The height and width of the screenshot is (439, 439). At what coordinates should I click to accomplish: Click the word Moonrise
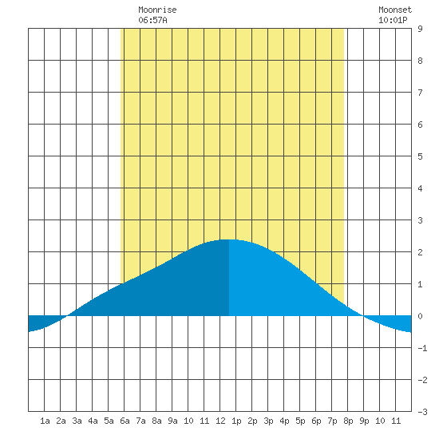click(157, 10)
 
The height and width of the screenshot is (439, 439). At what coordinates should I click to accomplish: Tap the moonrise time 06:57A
click(152, 20)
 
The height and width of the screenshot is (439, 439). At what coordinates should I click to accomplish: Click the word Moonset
click(395, 10)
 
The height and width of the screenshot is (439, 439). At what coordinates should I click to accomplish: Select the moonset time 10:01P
click(393, 20)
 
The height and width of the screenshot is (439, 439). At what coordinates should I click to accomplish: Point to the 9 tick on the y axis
click(420, 29)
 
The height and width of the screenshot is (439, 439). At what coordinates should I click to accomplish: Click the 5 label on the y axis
click(420, 156)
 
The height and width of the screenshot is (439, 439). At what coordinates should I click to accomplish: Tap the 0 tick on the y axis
click(420, 316)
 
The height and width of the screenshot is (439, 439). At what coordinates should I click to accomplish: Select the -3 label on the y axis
click(422, 412)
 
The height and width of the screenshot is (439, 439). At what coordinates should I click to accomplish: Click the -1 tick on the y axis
click(422, 348)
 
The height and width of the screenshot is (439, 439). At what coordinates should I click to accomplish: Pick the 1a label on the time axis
click(45, 421)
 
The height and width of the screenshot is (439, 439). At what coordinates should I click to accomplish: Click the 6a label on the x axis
click(125, 421)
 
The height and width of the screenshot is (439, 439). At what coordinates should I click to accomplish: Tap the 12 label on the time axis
click(220, 421)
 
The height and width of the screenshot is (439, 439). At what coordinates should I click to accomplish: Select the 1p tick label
click(236, 421)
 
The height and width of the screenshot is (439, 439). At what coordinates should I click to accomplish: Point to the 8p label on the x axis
click(348, 421)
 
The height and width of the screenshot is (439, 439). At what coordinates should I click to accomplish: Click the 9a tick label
click(172, 421)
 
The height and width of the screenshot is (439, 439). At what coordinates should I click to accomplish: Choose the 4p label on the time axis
click(284, 421)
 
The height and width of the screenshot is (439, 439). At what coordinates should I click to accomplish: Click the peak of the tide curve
click(229, 239)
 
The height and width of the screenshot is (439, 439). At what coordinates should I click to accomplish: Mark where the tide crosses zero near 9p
click(363, 316)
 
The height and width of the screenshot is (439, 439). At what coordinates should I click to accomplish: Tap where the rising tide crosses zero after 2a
click(67, 316)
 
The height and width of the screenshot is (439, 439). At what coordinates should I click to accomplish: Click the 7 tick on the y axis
click(420, 93)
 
